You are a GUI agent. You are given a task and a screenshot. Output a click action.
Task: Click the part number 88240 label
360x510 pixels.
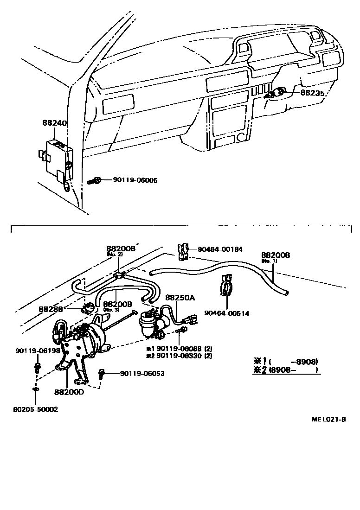click(55, 124)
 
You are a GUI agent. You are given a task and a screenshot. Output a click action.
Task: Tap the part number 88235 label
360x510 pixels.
click(313, 92)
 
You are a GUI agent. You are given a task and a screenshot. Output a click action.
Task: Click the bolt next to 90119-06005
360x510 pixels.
click(95, 181)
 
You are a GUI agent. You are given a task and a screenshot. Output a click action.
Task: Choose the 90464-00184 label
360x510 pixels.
click(220, 249)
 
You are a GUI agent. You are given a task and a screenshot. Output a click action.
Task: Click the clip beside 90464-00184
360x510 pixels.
click(183, 251)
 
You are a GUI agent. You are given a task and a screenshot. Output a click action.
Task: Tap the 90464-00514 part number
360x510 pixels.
click(227, 313)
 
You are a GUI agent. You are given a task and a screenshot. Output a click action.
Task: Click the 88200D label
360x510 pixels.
click(69, 392)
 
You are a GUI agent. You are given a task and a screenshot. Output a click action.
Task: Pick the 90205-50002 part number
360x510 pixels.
click(36, 410)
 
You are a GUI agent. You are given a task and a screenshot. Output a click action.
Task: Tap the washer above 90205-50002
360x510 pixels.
click(36, 388)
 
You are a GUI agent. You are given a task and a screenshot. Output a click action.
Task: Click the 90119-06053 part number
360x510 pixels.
click(142, 373)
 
